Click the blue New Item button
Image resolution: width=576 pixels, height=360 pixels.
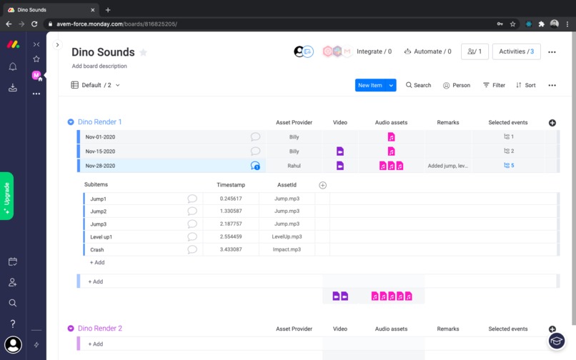370,85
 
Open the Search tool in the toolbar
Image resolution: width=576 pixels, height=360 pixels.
419,85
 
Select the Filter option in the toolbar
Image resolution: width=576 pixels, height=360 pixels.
494,85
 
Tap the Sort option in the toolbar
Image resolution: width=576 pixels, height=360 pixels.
526,85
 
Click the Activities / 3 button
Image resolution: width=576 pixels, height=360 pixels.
516,51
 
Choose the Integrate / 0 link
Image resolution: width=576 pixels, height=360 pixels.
374,51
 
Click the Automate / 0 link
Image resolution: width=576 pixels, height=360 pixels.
428,51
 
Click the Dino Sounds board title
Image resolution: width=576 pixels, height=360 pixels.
103,52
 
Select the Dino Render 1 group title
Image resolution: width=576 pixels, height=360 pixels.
100,122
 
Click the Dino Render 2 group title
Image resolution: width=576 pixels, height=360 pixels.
100,329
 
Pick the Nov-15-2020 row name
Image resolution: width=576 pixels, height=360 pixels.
101,151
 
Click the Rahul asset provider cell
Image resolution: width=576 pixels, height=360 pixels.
294,166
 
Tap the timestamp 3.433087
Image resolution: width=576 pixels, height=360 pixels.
231,250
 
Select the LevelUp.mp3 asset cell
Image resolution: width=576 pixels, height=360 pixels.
287,236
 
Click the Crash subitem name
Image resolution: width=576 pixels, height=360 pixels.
97,250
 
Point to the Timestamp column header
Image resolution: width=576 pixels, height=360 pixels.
231,185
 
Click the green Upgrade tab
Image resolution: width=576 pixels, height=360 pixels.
7,196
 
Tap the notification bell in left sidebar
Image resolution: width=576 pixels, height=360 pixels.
13,66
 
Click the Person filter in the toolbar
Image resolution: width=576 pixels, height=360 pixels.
457,85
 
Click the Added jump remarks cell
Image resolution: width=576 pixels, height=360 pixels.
448,166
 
